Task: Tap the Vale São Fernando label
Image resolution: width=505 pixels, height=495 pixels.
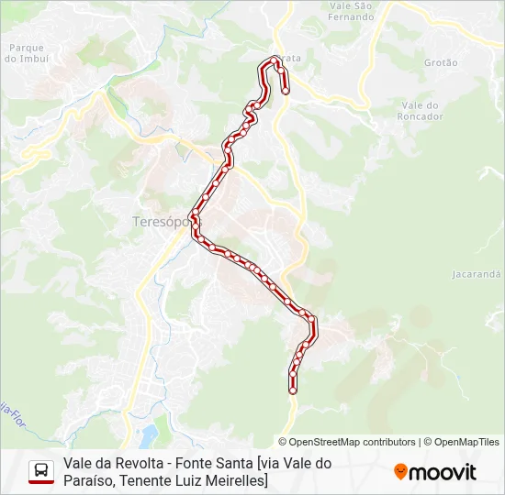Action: [x=351, y=12]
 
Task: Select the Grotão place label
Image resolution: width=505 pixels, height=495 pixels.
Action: [x=441, y=63]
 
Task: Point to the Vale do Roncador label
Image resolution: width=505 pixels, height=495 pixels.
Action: [x=421, y=111]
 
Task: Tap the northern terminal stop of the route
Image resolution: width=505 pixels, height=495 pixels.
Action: [x=285, y=90]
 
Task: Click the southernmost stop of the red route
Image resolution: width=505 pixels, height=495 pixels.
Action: [x=293, y=390]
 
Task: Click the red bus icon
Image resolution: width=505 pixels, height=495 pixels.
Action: [x=41, y=471]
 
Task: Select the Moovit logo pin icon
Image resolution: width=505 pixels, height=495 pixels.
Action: [x=400, y=472]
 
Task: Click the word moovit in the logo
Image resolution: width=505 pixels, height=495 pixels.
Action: [x=443, y=472]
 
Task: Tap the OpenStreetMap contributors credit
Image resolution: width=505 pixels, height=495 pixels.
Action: [x=353, y=442]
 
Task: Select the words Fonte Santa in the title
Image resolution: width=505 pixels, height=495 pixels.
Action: [x=213, y=464]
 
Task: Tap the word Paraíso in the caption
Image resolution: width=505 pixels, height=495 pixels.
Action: [x=89, y=480]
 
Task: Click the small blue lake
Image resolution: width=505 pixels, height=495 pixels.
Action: [x=148, y=432]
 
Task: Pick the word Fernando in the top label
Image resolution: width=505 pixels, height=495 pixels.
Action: [x=351, y=17]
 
